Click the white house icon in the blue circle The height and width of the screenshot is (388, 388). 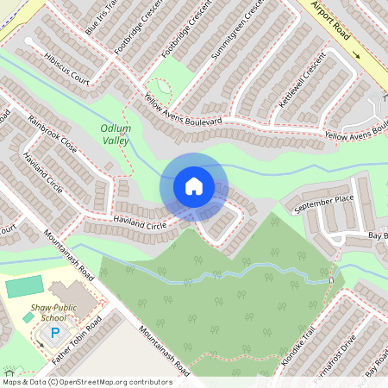[x=194, y=186]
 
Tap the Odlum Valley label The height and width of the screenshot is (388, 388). [x=115, y=135]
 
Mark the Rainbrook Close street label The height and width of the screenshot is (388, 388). [x=52, y=135]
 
